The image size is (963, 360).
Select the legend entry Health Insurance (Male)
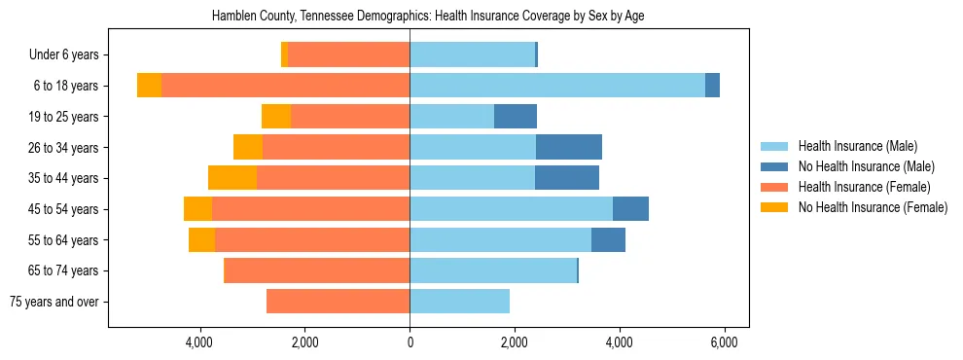[x=857, y=146]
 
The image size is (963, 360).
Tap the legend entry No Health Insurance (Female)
[x=873, y=207]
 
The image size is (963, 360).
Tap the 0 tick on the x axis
[x=410, y=343]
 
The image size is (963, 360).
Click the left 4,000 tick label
[x=200, y=343]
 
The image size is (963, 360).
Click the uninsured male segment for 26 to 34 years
[x=569, y=147]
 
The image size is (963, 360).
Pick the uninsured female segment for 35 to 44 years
[x=232, y=178]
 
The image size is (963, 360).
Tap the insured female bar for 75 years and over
[x=338, y=302]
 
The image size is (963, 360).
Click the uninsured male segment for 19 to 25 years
[x=516, y=117]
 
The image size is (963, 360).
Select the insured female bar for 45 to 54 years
[x=310, y=209]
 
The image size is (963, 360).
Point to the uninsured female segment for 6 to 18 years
[x=149, y=86]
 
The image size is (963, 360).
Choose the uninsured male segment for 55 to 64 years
[x=608, y=239]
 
